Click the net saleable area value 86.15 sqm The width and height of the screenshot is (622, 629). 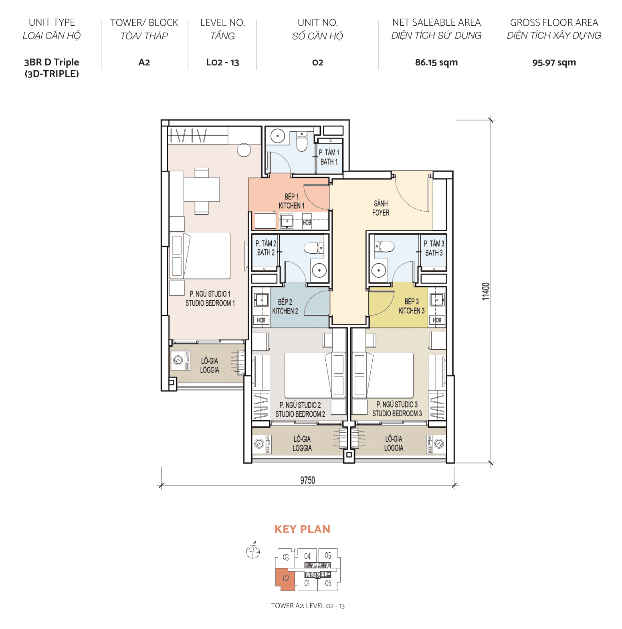(x=436, y=62)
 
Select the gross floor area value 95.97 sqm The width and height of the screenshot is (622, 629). (x=554, y=63)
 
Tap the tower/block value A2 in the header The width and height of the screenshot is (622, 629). (x=144, y=62)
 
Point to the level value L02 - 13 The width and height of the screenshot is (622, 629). (x=222, y=62)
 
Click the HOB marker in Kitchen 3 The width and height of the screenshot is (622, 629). (x=437, y=320)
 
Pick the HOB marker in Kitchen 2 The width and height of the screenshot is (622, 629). (x=261, y=320)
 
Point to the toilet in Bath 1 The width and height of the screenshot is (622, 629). (x=301, y=142)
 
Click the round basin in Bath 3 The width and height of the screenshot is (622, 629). (x=378, y=271)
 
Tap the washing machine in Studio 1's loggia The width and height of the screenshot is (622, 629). (x=178, y=360)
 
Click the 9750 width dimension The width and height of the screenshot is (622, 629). (x=307, y=480)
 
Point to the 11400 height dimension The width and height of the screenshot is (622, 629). (x=486, y=291)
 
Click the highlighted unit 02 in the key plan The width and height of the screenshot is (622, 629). (x=285, y=579)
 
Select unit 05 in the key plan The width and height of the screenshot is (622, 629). (x=328, y=556)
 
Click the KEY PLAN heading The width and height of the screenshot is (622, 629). (x=302, y=529)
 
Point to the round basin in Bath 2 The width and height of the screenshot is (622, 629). (x=319, y=271)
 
